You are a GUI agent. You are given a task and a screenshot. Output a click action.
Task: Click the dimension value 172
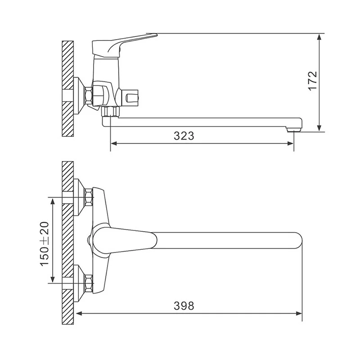tap(313, 81)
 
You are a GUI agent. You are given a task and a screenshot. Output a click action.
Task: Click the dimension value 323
tap(184, 136)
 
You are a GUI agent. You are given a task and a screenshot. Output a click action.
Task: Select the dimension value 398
tap(184, 306)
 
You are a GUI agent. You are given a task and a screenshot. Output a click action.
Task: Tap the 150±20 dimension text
tap(45, 244)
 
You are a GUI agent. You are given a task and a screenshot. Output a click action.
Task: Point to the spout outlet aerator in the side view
tap(294, 130)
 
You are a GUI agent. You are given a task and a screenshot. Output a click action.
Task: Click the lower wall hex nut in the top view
tap(89, 283)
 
